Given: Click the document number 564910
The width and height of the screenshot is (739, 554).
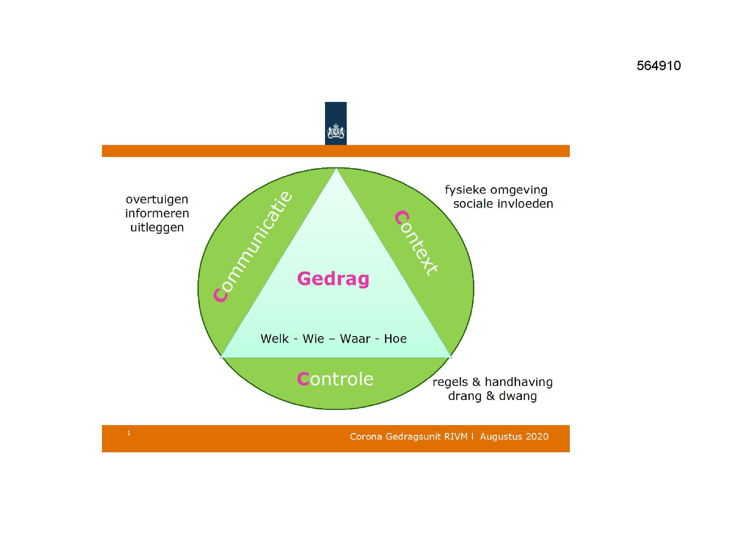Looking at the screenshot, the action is tap(658, 66).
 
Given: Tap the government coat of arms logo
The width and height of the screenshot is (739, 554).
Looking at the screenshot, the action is tap(336, 131).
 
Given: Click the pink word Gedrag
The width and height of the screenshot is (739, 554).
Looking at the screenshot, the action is tap(333, 279).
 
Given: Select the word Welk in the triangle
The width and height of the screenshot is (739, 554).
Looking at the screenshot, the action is tap(275, 339).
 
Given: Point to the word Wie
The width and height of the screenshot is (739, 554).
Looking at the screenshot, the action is tap(313, 339).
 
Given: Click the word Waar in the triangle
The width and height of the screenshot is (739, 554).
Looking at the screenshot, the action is tap(355, 339).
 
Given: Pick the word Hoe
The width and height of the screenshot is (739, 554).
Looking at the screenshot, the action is tap(395, 339).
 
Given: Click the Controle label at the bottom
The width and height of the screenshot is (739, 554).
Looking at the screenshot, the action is tap(335, 379).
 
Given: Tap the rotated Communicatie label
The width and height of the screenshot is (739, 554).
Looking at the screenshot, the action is tap(253, 246).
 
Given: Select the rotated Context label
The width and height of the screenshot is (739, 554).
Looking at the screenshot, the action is tap(417, 243).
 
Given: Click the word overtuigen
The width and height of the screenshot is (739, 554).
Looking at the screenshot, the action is tap(157, 200).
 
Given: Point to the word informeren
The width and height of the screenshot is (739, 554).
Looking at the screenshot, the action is tap(157, 213).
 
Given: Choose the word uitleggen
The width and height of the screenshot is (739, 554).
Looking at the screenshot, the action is tap(157, 228).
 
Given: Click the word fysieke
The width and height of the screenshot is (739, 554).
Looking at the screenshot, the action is tap(466, 190).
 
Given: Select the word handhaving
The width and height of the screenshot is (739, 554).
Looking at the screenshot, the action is tap(519, 382).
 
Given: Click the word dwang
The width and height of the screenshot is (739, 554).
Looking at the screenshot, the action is tap(518, 396).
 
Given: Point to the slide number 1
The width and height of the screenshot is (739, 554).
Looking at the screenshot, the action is tap(129, 433).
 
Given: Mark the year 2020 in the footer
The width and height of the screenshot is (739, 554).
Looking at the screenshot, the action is tap(537, 437).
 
